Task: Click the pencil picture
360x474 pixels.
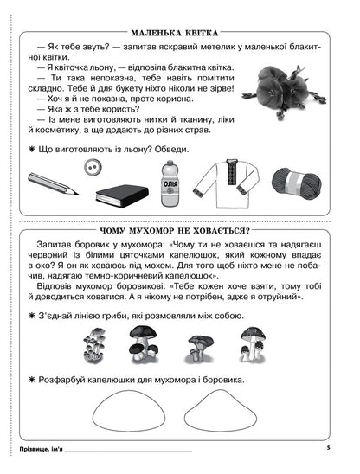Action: coord(53,183)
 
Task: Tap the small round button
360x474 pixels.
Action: coord(90,165)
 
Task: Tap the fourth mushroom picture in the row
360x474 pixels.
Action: coord(253,343)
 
